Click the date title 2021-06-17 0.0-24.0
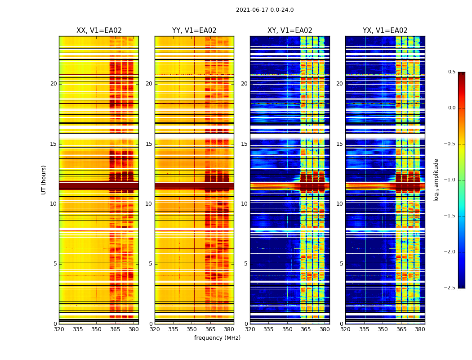click(x=265, y=10)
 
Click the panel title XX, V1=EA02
click(x=99, y=31)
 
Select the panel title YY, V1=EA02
click(x=194, y=31)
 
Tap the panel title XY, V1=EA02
click(x=290, y=31)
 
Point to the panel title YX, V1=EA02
click(x=385, y=31)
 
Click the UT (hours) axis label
click(x=44, y=180)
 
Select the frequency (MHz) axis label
click(x=217, y=338)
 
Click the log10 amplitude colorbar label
click(x=436, y=180)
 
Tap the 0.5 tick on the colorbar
click(x=451, y=72)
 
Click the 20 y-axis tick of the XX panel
click(x=53, y=84)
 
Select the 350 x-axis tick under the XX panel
click(x=96, y=329)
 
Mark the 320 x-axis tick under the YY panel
click(x=155, y=329)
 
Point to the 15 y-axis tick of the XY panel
click(x=244, y=144)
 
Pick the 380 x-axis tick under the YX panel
click(x=420, y=329)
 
